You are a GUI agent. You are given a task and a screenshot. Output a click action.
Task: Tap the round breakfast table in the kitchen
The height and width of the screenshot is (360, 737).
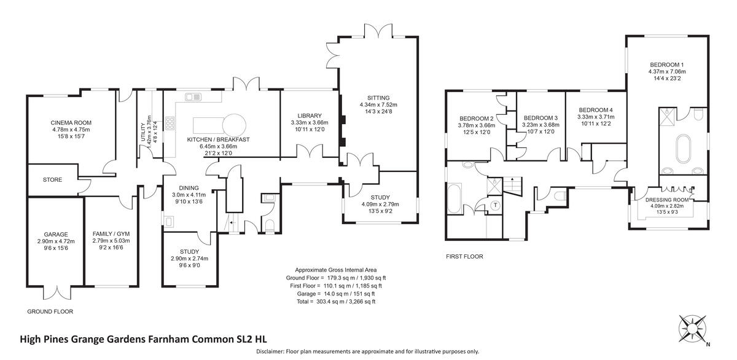[x=235, y=123]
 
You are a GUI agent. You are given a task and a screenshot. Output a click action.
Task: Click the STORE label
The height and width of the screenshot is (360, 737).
[x=52, y=180]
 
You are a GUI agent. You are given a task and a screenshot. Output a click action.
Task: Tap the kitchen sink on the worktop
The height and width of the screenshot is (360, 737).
[x=193, y=96]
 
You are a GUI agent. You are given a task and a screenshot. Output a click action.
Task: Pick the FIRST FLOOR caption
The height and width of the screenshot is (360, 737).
[x=464, y=257]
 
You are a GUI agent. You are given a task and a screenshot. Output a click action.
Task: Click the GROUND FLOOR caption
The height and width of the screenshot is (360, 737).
[x=50, y=311]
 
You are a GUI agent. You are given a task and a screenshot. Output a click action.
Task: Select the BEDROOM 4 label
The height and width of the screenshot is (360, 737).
[x=595, y=109]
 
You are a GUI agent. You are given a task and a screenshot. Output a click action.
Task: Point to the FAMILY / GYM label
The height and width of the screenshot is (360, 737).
[x=111, y=234]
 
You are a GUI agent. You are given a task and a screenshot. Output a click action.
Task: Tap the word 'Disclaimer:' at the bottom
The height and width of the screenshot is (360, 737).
[x=268, y=351]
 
